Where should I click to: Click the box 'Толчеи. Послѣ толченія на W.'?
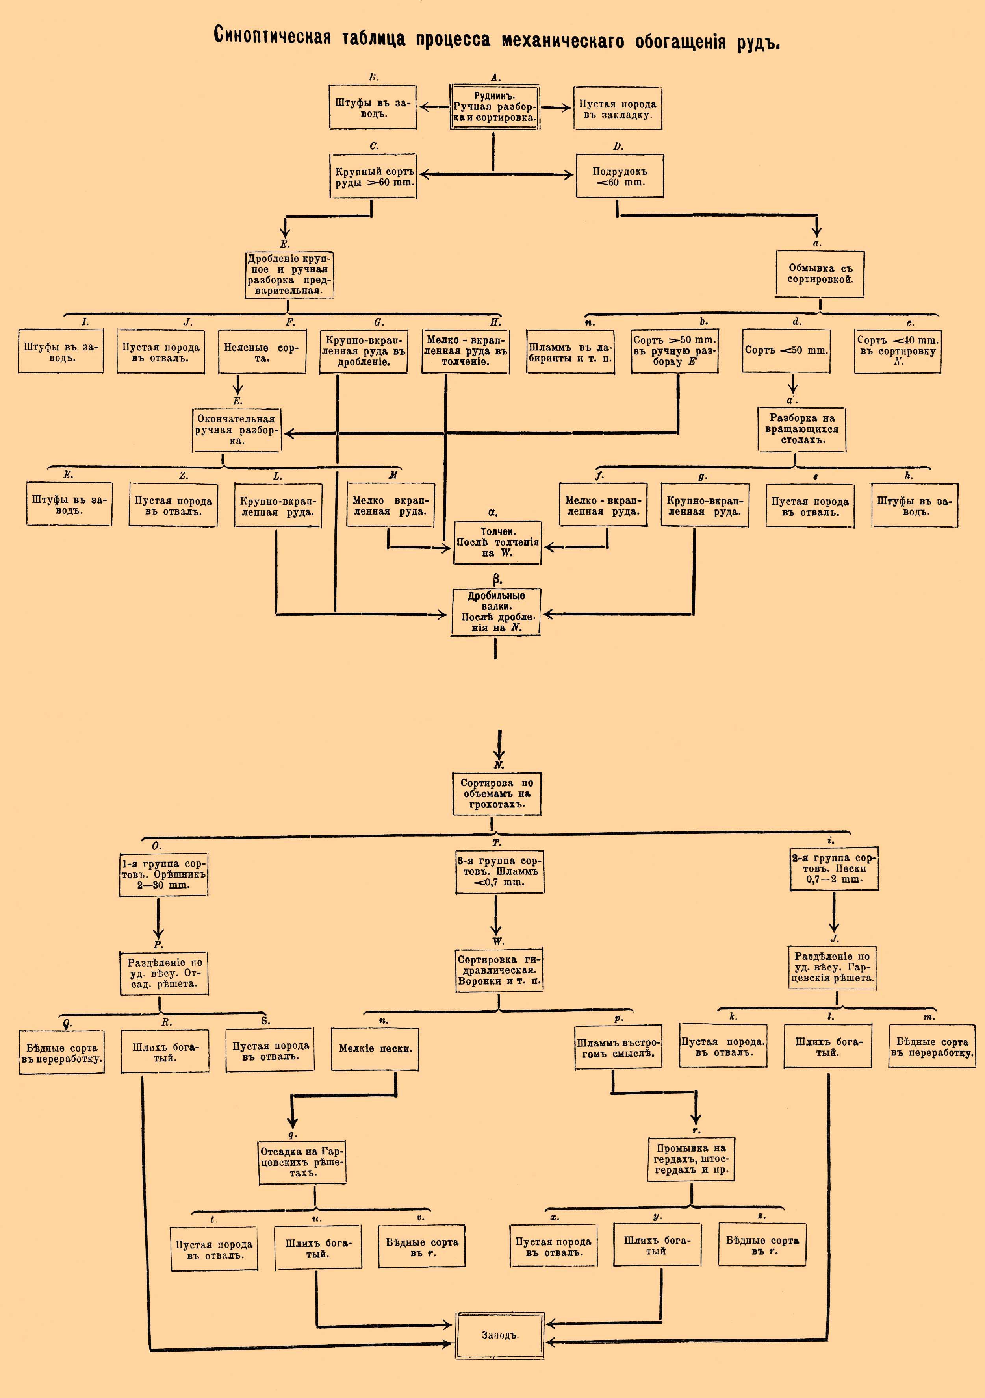[497, 543]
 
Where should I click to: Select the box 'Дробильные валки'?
[496, 612]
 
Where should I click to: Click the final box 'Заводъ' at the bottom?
[499, 1335]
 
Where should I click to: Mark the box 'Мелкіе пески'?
[375, 1048]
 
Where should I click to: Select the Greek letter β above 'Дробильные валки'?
[497, 580]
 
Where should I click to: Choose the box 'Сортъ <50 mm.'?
[786, 351]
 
